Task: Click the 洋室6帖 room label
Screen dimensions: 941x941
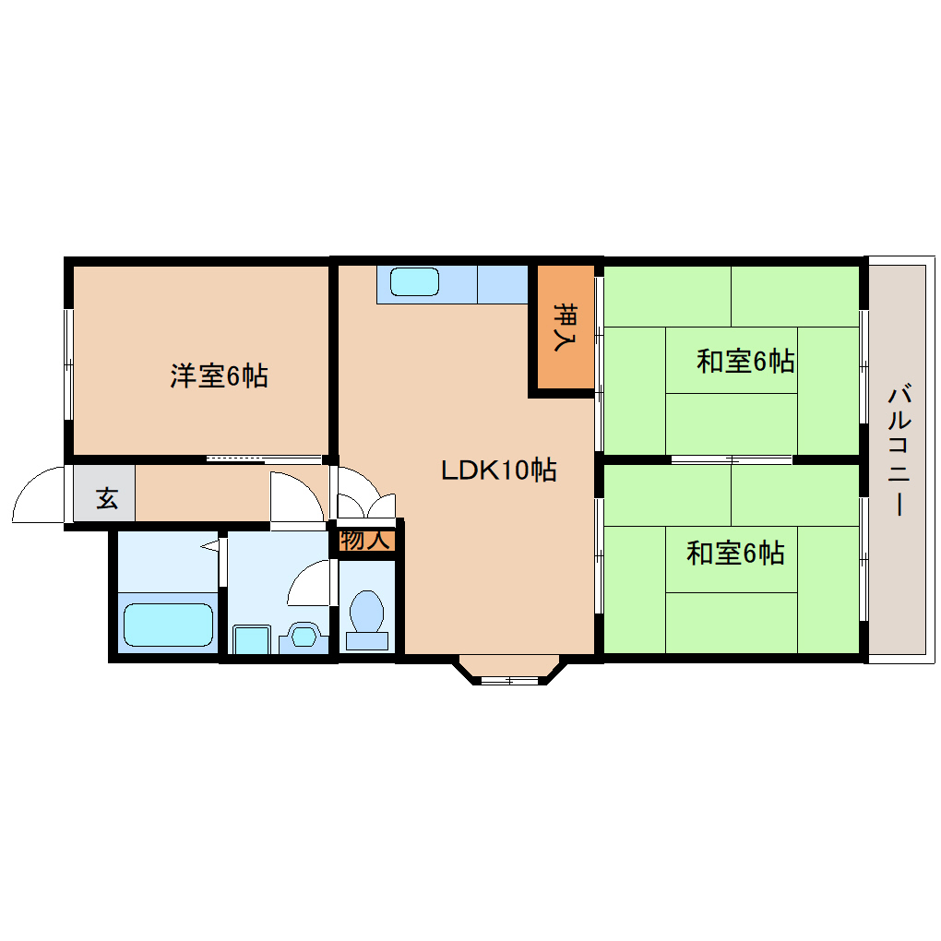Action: pyautogui.click(x=219, y=375)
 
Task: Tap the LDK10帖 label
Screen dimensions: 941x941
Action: pyautogui.click(x=498, y=470)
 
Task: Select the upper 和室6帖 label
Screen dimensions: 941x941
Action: pyautogui.click(x=745, y=361)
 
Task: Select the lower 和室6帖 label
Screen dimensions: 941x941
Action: pyautogui.click(x=735, y=553)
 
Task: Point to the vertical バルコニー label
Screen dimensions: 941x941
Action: pyautogui.click(x=896, y=452)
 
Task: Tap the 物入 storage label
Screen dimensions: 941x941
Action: pyautogui.click(x=364, y=541)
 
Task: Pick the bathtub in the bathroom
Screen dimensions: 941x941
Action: pyautogui.click(x=169, y=625)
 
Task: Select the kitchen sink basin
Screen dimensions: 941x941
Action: pyautogui.click(x=414, y=281)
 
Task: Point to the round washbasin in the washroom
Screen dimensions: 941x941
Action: pyautogui.click(x=304, y=636)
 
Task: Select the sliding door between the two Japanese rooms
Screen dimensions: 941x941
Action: pyautogui.click(x=732, y=459)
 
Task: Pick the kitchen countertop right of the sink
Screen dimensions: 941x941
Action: pyautogui.click(x=502, y=284)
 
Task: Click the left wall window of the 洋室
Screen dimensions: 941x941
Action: pyautogui.click(x=68, y=364)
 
